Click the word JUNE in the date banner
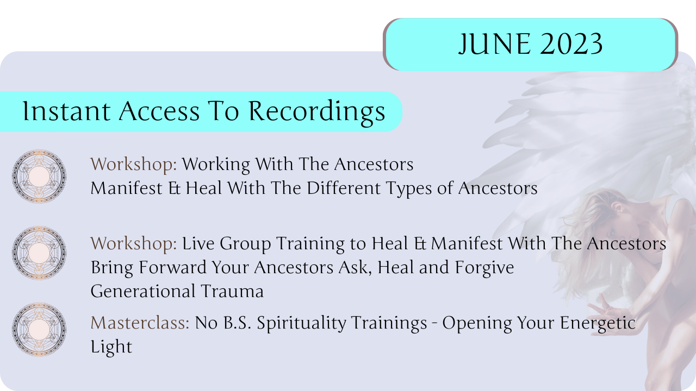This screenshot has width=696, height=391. (x=495, y=44)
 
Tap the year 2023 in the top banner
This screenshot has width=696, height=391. (x=571, y=44)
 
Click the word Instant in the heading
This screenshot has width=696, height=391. (x=66, y=111)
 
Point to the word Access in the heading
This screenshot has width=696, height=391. (x=159, y=111)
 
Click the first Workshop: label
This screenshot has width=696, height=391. (x=134, y=165)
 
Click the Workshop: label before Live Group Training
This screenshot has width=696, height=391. (x=134, y=244)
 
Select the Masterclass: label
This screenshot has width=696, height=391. (x=140, y=323)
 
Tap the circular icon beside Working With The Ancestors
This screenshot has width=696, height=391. (x=39, y=176)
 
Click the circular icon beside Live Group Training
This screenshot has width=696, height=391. (x=39, y=253)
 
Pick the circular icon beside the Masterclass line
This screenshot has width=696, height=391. (x=39, y=329)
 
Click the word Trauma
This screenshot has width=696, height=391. (x=232, y=291)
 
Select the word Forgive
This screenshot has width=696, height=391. (x=484, y=268)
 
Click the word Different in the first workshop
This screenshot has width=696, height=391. (x=344, y=188)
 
